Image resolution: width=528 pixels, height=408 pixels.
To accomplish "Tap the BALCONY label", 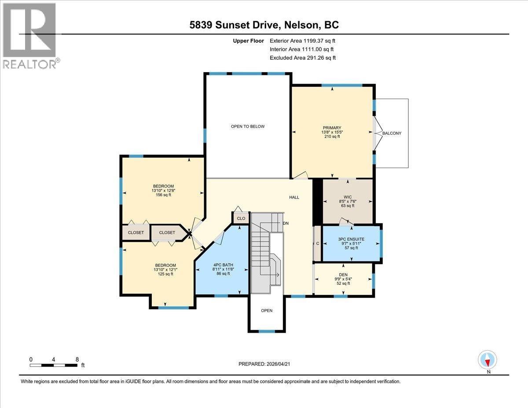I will point(392,133).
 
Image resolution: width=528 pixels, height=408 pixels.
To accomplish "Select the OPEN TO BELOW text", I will point(248,126).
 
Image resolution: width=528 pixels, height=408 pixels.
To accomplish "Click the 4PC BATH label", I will point(223,264).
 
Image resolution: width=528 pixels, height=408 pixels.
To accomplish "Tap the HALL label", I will point(294,197).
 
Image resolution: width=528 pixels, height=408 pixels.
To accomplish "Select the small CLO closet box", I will point(241,218).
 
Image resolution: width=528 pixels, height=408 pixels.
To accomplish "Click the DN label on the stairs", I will point(286,224).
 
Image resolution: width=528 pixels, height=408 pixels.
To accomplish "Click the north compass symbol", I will point(488,360).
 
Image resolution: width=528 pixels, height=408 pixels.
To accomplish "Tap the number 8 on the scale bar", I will point(77,359).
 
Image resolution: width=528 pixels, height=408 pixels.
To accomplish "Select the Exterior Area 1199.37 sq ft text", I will point(305,41).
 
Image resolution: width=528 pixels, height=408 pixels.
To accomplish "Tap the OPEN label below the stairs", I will point(267,310).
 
